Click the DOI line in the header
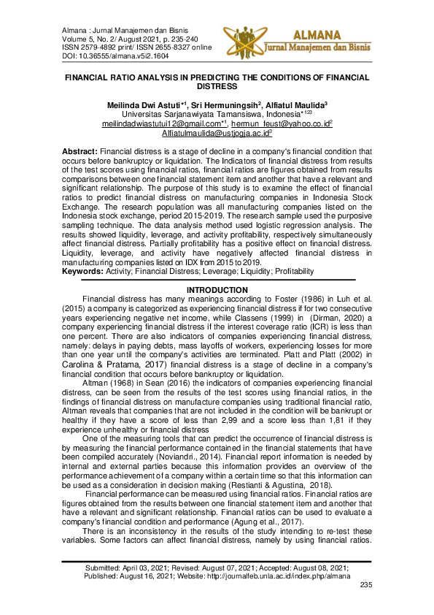[105, 55]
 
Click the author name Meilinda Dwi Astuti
[144, 104]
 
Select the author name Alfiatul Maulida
[298, 104]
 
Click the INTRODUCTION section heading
[217, 291]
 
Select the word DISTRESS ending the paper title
[217, 85]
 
